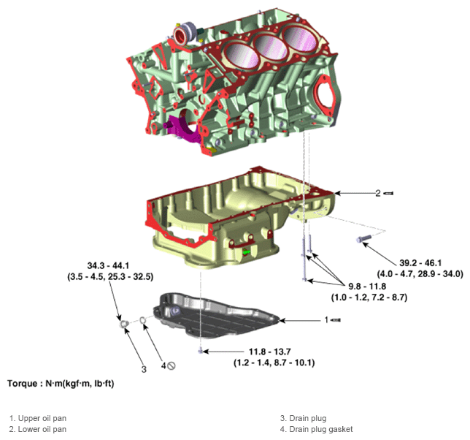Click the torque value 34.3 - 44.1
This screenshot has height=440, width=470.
point(110,265)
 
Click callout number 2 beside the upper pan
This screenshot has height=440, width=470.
point(378,193)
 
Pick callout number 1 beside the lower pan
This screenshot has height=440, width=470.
point(327,319)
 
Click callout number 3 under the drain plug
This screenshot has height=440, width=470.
point(144,369)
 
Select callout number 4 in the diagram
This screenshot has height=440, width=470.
point(163,365)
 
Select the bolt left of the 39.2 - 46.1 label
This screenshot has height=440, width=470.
point(363,239)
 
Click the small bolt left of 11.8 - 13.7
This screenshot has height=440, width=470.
point(199,352)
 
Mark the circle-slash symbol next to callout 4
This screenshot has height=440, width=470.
point(173,365)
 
